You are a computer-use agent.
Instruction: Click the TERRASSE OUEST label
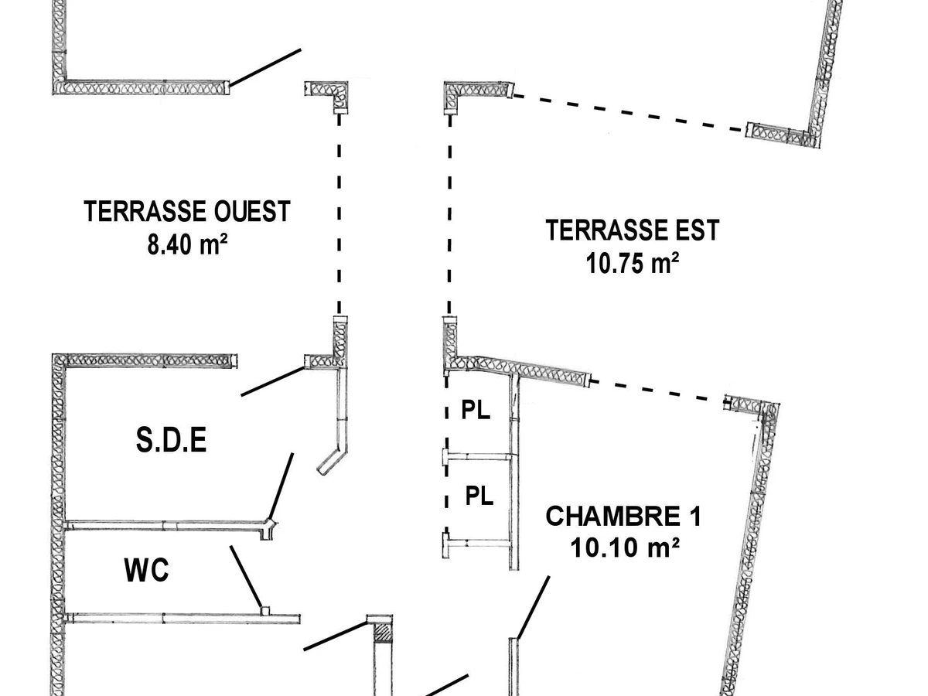point(187,211)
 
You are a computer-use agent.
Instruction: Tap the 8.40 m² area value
point(187,245)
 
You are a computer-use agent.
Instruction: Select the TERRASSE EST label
point(632,230)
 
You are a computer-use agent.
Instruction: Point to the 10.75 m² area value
point(632,264)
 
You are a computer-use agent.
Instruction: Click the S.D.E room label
point(172,441)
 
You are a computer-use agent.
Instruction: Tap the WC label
point(146,571)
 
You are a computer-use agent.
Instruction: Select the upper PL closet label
point(476,411)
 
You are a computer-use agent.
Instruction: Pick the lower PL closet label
point(479,496)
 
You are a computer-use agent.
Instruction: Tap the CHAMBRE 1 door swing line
point(534,607)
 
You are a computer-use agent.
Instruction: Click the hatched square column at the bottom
point(383,633)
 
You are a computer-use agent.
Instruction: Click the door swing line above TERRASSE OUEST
point(265,68)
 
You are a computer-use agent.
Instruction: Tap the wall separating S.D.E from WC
point(166,526)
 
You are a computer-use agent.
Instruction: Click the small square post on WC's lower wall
point(264,611)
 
